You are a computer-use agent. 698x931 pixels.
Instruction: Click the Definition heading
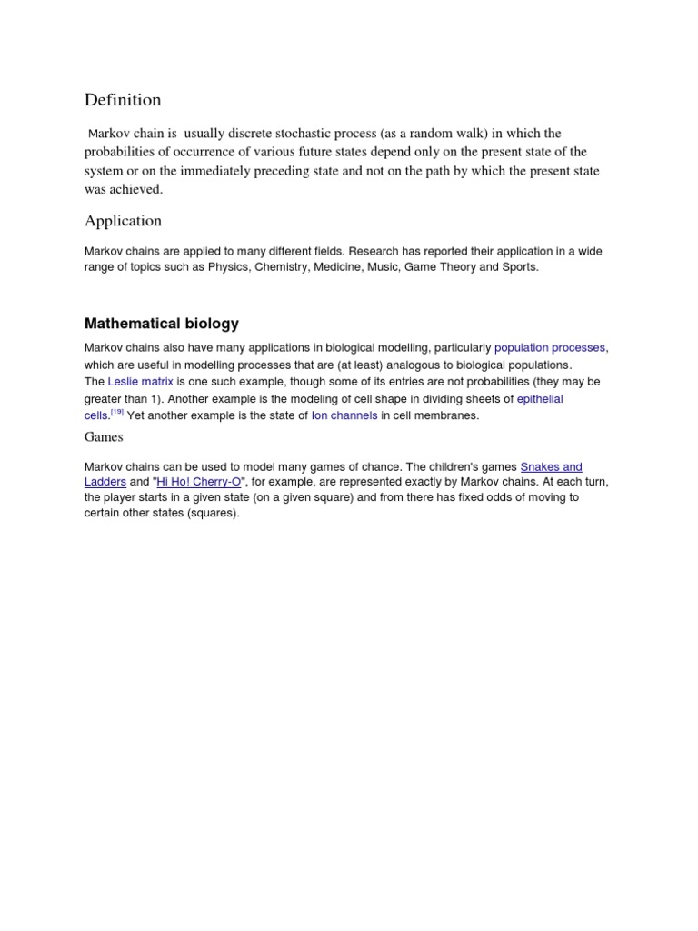click(x=123, y=99)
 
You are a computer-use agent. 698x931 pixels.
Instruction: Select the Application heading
click(x=123, y=221)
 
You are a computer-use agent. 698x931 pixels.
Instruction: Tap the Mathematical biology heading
click(x=162, y=324)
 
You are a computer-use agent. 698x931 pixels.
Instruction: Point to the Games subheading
click(x=104, y=437)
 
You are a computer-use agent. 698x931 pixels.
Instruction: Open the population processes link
click(x=550, y=347)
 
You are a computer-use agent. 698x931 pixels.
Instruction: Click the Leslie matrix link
click(x=140, y=382)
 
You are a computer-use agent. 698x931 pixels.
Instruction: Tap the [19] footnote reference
click(x=116, y=413)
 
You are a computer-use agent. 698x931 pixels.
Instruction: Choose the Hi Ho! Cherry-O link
click(x=199, y=481)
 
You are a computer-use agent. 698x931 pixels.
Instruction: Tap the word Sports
click(x=519, y=267)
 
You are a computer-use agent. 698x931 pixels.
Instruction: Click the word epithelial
click(x=540, y=399)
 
